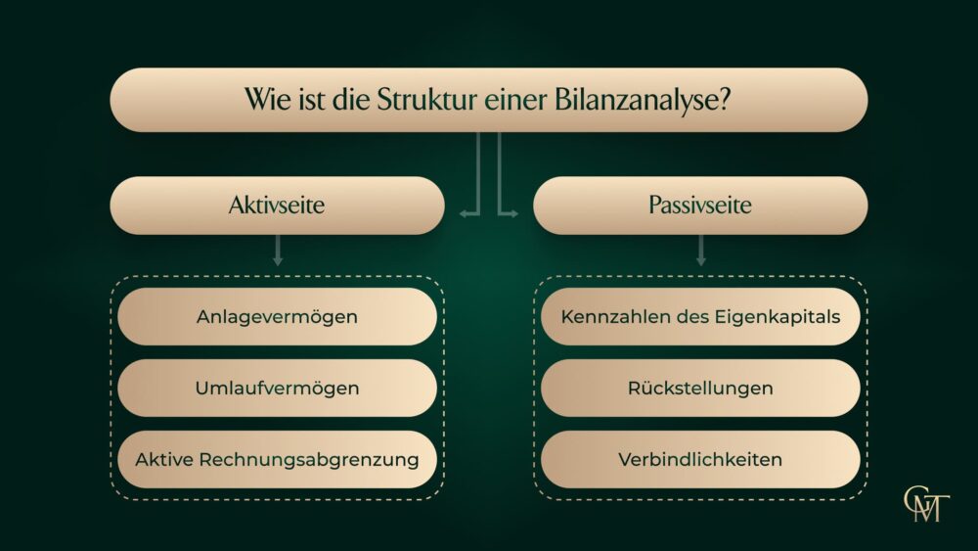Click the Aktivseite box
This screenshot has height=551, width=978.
pyautogui.click(x=277, y=206)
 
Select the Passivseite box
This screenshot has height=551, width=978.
pyautogui.click(x=700, y=206)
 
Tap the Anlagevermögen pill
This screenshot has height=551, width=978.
pyautogui.click(x=277, y=316)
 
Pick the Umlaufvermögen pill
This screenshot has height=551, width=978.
pyautogui.click(x=277, y=388)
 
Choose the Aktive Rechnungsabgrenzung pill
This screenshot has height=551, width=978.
pyautogui.click(x=277, y=459)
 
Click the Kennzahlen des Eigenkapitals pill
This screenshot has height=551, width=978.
pyautogui.click(x=700, y=316)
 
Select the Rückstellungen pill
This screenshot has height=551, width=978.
pyautogui.click(x=700, y=388)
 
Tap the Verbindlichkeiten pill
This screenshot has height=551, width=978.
pyautogui.click(x=700, y=459)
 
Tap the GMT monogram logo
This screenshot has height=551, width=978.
pyautogui.click(x=926, y=504)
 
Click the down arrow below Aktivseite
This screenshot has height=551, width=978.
pyautogui.click(x=278, y=251)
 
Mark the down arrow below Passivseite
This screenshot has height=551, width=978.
pyautogui.click(x=700, y=251)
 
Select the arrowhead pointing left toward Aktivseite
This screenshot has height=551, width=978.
pyautogui.click(x=464, y=213)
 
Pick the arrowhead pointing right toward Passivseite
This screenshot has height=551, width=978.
pyautogui.click(x=512, y=213)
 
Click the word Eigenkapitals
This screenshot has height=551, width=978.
pyautogui.click(x=778, y=317)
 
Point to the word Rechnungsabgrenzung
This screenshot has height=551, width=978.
pyautogui.click(x=309, y=460)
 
